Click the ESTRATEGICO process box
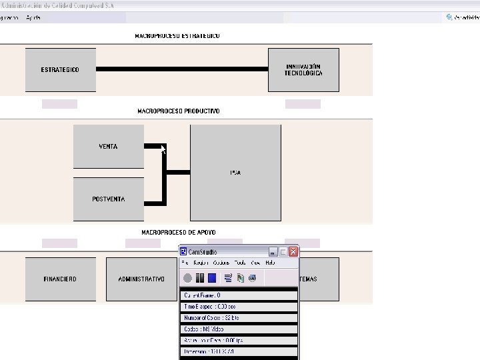coord(60,70)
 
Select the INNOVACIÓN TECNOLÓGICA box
coord(303,70)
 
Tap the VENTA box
coord(108,147)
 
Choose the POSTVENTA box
coord(108,199)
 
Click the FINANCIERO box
coord(60,279)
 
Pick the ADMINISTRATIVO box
coord(141,279)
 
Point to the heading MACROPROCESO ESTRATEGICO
coord(177,36)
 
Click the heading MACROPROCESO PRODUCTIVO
coord(178,111)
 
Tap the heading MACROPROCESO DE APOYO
coord(178,233)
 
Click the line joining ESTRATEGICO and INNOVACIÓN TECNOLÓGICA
coord(182,69)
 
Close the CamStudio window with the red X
coord(293,252)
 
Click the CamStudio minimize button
coord(273,252)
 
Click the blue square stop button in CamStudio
coord(212,278)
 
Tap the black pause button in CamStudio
coord(200,278)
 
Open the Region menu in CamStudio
coord(201,263)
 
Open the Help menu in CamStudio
coord(270,263)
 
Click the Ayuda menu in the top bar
coord(33,17)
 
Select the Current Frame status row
coord(239,295)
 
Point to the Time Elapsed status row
coord(239,307)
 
